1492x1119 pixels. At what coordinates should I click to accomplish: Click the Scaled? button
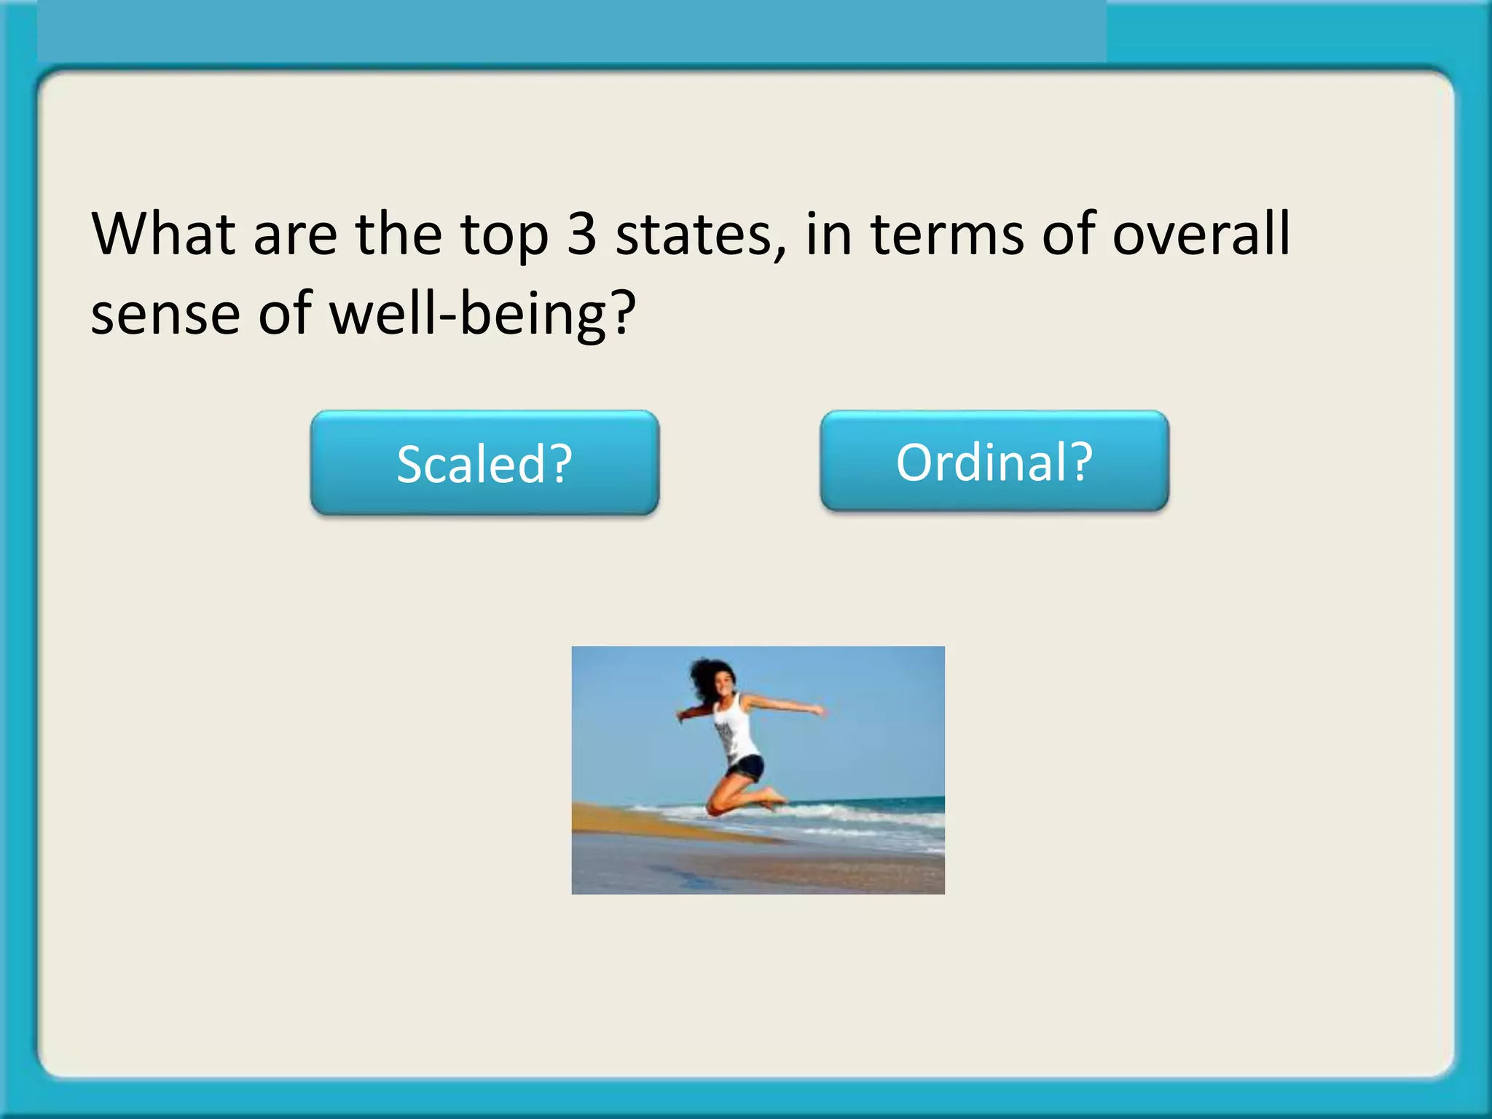(x=484, y=463)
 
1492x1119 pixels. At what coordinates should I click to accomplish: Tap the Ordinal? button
(x=994, y=461)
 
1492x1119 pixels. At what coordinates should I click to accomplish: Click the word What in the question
(x=163, y=235)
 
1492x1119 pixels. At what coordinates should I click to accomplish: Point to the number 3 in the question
(x=581, y=235)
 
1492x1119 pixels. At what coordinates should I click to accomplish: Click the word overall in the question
(x=1201, y=235)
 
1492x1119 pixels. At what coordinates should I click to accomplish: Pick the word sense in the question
(x=165, y=315)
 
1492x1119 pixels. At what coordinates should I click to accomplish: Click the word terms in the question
(x=948, y=235)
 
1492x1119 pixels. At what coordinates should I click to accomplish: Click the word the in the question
(x=398, y=235)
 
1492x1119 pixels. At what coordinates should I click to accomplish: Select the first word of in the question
(x=1069, y=235)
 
